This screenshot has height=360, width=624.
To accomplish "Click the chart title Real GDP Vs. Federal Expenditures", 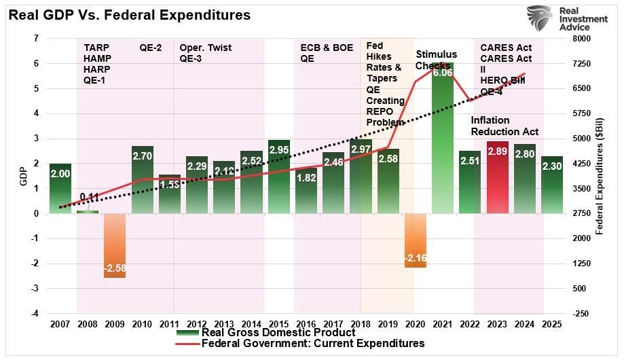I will point(129,14).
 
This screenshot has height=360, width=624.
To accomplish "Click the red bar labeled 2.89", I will point(497,177).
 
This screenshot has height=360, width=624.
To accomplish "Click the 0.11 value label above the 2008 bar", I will point(89,198).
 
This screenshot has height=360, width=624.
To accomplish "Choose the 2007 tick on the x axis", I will point(60,324).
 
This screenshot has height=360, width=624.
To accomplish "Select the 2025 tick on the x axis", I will point(552,324).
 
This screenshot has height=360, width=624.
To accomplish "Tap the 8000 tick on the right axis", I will point(582,39).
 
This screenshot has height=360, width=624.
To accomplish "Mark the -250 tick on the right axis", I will point(581,314).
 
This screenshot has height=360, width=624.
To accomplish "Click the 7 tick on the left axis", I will point(35,39).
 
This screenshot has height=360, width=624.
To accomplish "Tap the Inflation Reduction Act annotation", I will point(504,126).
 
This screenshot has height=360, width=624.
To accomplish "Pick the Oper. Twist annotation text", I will point(206,48).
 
